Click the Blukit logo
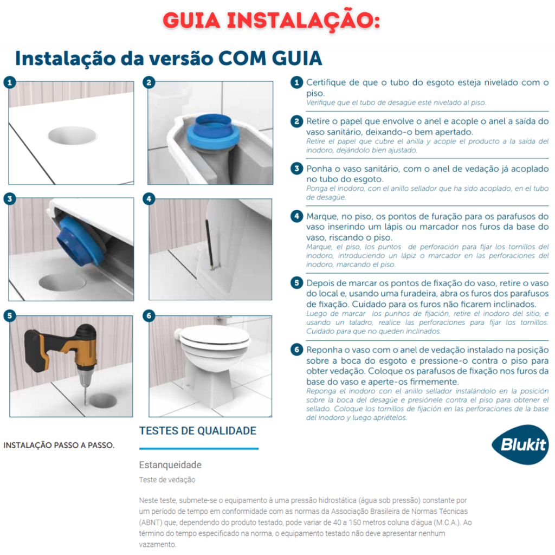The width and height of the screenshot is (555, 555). point(520,444)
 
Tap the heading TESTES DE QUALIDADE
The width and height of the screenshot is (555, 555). point(197,431)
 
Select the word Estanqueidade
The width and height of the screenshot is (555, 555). point(170,464)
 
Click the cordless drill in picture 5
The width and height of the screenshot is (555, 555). point(64,358)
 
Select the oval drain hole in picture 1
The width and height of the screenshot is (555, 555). point(72,135)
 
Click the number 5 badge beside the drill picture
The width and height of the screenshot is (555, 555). point(10,315)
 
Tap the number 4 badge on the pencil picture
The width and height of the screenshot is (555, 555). point(149,198)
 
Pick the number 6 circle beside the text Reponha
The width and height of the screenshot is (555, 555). point(296,350)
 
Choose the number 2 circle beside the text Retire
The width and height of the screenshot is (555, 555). point(296,121)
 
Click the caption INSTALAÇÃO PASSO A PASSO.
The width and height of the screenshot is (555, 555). point(59,446)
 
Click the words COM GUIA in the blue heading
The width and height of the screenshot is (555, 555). point(270,59)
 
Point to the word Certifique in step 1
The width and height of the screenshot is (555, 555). point(326,83)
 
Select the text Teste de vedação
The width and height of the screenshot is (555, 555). point(167,480)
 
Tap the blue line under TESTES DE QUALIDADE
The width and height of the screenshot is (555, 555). point(199,448)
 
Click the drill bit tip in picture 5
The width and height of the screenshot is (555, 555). point(86,404)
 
